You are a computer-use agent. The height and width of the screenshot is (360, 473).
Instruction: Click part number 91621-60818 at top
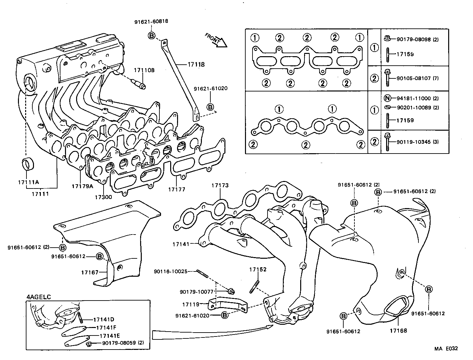[x=151, y=22]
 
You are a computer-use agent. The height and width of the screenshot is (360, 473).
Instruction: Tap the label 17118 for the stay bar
[x=196, y=65]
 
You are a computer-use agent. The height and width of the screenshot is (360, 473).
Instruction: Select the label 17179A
[x=82, y=186]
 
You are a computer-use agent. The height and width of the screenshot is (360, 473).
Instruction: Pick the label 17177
[x=177, y=189]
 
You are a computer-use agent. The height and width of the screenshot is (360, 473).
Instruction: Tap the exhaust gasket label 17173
[x=220, y=185]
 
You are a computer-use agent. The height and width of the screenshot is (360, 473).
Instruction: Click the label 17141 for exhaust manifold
[x=181, y=244]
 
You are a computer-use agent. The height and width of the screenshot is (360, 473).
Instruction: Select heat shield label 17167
[x=90, y=272]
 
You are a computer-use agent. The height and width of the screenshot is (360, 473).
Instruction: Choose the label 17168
[x=398, y=331]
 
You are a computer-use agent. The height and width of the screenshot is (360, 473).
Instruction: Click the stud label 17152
[x=258, y=270]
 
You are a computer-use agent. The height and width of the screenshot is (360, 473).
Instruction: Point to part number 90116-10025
[x=171, y=271]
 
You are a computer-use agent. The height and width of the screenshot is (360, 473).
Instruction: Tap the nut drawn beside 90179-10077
[x=231, y=291]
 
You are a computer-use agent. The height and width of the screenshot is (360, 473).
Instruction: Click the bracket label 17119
[x=191, y=304]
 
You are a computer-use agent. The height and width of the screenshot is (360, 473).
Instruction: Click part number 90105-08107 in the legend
[x=413, y=78]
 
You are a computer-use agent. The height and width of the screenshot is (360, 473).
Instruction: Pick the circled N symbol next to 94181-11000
[x=387, y=98]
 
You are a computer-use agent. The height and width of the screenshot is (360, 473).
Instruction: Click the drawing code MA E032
[x=446, y=349]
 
